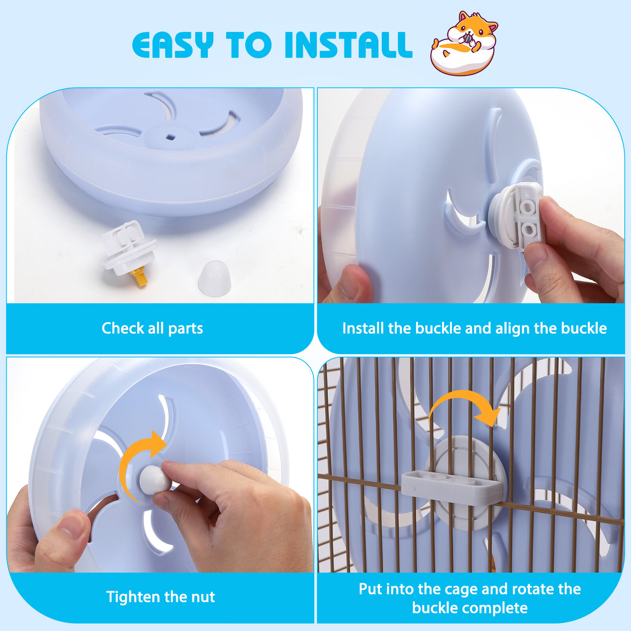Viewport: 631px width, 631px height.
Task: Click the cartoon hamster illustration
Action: tap(464, 44)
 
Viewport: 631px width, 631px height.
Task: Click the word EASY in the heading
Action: tap(173, 45)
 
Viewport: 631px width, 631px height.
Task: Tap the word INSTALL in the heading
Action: tap(348, 45)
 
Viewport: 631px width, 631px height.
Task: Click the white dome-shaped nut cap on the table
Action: tap(214, 278)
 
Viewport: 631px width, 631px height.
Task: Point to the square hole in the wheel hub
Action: tap(170, 137)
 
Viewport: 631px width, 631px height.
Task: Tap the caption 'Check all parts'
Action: tap(152, 329)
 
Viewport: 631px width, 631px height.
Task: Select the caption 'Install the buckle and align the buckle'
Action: tap(474, 329)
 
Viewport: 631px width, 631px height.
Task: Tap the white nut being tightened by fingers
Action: tap(155, 478)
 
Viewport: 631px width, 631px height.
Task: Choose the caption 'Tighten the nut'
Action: tap(161, 597)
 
